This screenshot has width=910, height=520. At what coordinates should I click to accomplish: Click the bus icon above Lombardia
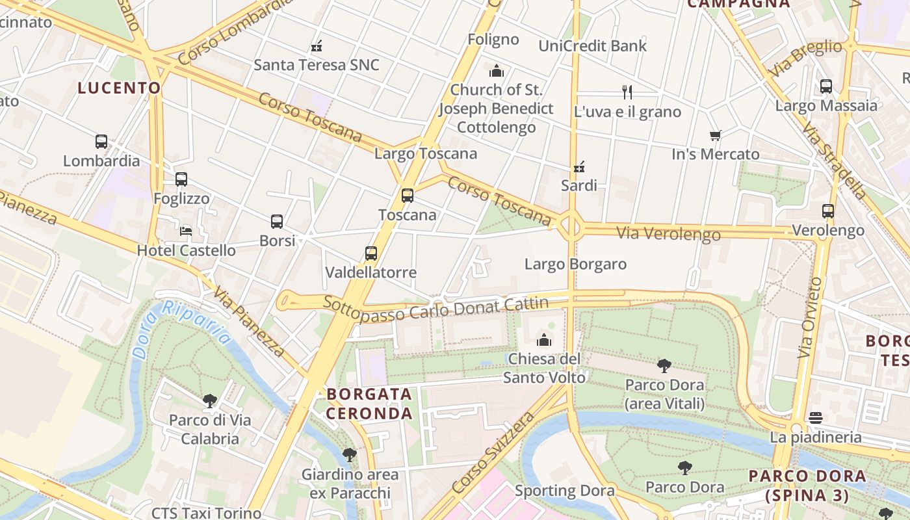(101, 142)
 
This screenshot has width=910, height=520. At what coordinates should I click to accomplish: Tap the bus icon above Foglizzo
(181, 179)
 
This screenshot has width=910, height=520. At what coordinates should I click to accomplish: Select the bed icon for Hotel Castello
(186, 231)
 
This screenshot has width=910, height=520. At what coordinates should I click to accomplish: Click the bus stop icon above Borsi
(277, 222)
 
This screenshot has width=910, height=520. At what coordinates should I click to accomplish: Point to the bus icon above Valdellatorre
(371, 253)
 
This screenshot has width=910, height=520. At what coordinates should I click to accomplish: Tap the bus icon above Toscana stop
(408, 196)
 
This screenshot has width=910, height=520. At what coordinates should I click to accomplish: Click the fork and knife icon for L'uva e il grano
(627, 92)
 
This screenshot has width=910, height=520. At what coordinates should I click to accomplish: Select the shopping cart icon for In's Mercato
(716, 136)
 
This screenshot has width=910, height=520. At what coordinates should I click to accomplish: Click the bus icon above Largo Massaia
(826, 86)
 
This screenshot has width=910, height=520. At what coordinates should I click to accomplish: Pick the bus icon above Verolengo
(828, 211)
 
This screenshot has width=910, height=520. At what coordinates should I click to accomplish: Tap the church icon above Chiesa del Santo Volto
(544, 340)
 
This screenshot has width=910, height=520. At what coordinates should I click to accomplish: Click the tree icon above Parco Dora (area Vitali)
(664, 366)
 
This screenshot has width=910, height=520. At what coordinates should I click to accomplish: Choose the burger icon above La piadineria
(816, 418)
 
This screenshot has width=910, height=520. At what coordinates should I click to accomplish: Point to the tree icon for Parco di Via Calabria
(209, 401)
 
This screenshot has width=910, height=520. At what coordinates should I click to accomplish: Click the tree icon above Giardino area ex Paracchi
(350, 455)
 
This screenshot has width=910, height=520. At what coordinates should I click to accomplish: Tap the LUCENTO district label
(119, 88)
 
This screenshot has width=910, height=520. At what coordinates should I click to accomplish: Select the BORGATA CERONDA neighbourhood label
(369, 404)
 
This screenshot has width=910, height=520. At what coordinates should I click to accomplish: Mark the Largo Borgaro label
(575, 264)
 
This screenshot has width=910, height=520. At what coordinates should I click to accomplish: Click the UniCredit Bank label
(593, 46)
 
